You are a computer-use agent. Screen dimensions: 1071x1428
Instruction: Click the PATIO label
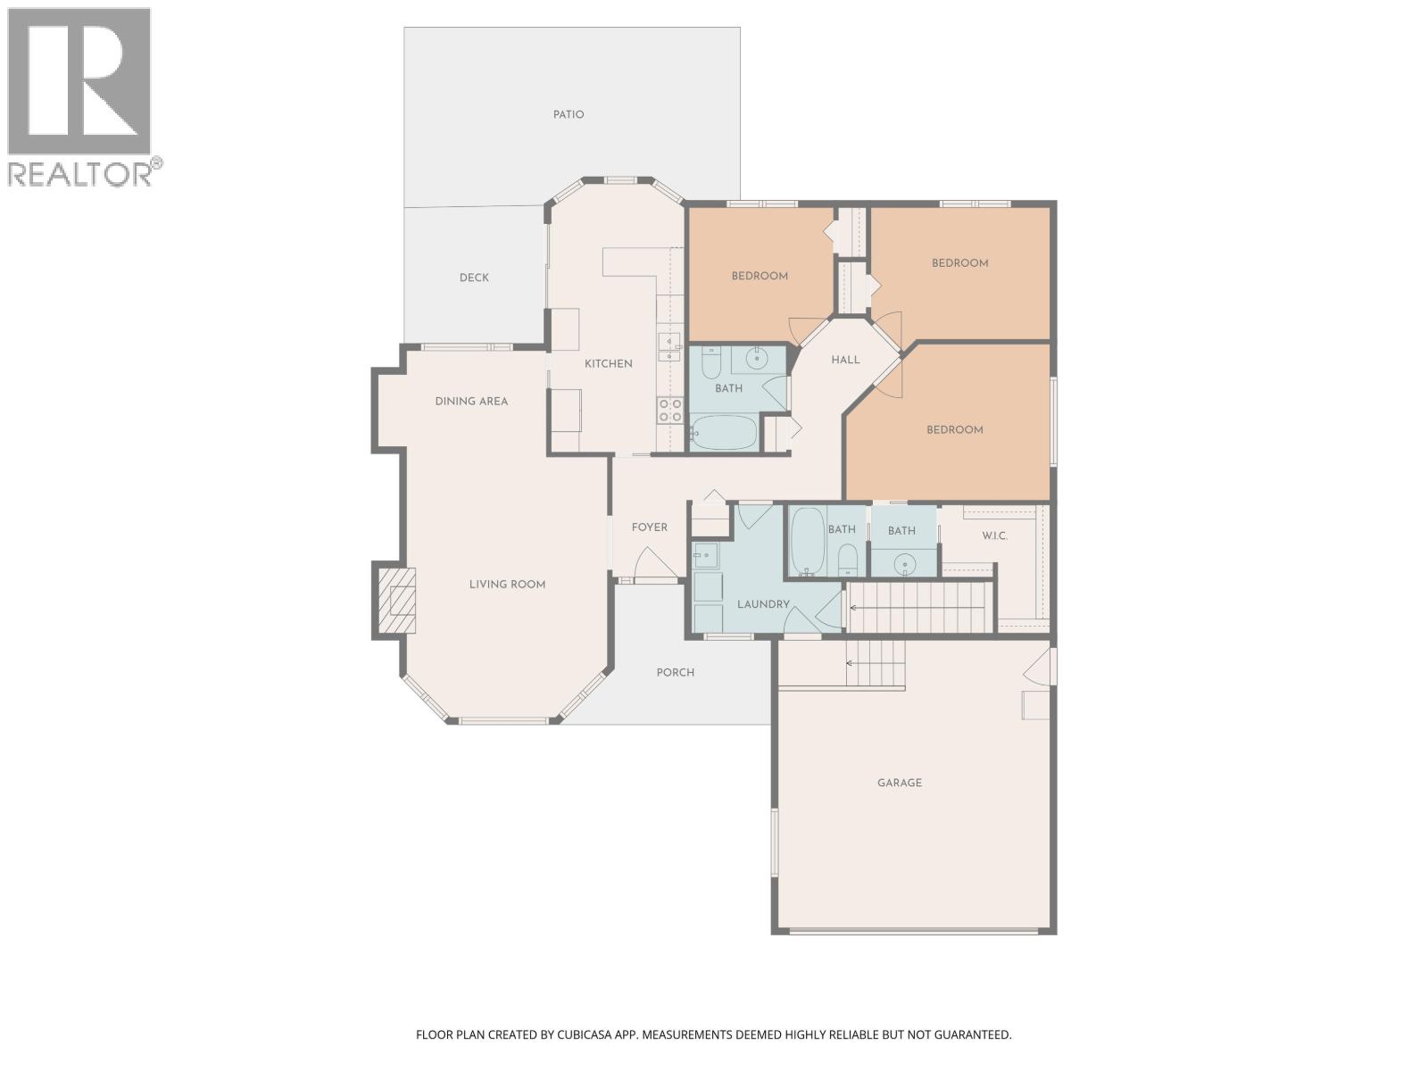click(569, 114)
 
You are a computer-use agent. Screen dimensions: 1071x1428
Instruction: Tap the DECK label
click(474, 278)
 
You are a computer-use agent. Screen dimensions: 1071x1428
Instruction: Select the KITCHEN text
click(609, 363)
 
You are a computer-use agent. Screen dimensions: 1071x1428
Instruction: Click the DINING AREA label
click(471, 401)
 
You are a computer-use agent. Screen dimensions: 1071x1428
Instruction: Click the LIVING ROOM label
click(507, 585)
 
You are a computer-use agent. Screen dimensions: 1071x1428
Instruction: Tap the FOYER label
click(650, 527)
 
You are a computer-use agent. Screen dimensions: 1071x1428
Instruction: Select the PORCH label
click(675, 672)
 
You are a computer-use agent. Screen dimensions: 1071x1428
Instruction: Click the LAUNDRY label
click(763, 604)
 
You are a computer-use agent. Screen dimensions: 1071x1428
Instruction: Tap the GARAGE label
click(900, 783)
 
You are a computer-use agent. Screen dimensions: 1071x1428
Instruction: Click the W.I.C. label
click(994, 535)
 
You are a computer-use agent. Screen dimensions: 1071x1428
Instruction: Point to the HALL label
click(845, 360)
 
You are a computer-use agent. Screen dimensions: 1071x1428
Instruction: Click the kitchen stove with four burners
click(670, 411)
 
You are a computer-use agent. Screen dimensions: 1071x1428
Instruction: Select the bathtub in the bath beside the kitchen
click(725, 433)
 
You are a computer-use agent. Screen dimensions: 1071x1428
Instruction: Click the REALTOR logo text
click(80, 173)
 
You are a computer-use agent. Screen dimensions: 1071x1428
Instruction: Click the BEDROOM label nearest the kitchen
click(760, 276)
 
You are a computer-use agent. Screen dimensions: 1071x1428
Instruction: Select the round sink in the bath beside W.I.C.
click(906, 563)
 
